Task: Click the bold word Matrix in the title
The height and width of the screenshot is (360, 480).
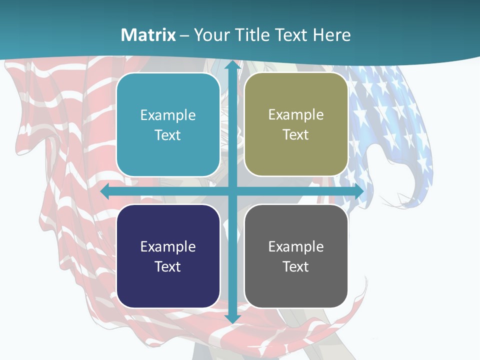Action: coord(148,35)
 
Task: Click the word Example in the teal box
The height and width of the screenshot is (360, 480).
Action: coord(168,115)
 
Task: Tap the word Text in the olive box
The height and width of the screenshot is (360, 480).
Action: coord(296,135)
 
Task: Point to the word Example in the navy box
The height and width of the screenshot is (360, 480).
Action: coord(168,247)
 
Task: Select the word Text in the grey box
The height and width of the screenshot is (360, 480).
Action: coord(296,266)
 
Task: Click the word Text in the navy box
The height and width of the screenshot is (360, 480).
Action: coord(168,266)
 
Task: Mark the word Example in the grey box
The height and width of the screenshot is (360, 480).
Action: coord(296,247)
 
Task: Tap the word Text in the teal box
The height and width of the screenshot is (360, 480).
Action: coord(168,135)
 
